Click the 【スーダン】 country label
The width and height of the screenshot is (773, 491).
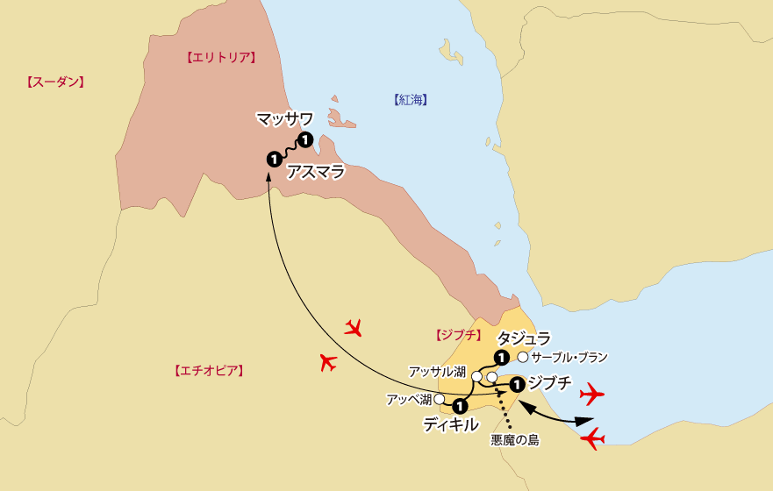(54, 82)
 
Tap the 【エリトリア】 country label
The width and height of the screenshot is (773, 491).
(220, 58)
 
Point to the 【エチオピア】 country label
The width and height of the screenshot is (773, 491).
(209, 371)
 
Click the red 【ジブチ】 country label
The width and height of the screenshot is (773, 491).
(459, 335)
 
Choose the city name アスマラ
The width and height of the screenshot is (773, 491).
(316, 171)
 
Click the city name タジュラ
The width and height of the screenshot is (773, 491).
(524, 338)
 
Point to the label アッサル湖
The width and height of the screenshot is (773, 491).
(437, 372)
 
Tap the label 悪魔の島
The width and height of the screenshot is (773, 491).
(515, 441)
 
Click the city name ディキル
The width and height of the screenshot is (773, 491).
(450, 424)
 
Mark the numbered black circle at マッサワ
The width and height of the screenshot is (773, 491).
(304, 139)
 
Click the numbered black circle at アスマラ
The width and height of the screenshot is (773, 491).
(274, 159)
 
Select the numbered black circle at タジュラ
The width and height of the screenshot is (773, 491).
(500, 357)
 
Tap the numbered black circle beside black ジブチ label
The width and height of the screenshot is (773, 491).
(517, 383)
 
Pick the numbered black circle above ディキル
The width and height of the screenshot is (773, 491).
(459, 406)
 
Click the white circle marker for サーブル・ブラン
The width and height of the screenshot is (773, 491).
(523, 357)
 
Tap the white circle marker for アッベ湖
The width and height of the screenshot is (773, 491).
(439, 399)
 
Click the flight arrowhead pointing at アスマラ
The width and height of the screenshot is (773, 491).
(267, 178)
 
